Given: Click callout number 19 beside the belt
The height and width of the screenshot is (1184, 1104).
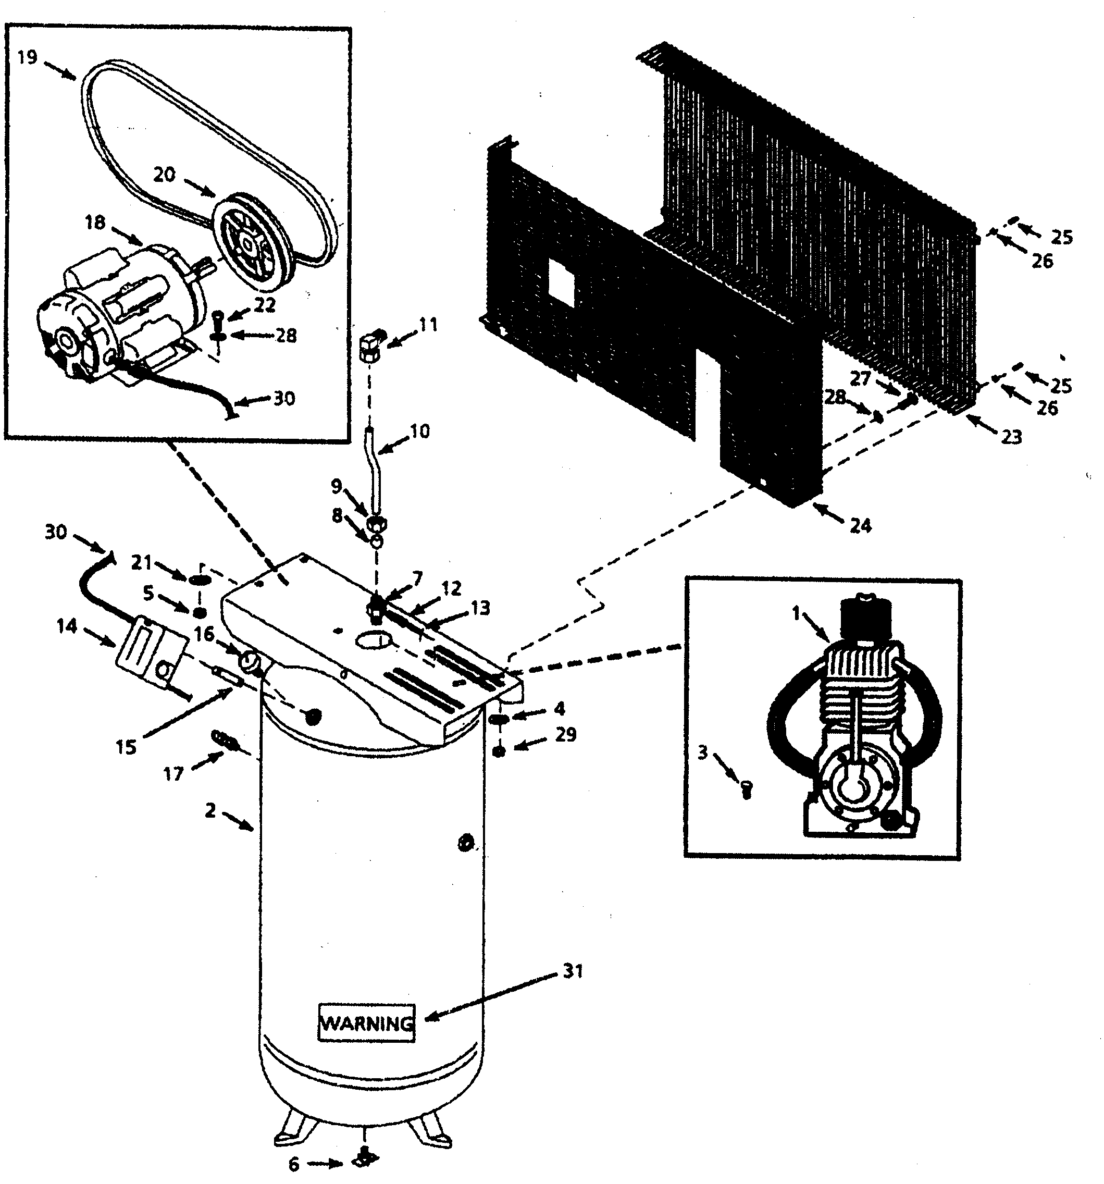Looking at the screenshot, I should click(28, 58).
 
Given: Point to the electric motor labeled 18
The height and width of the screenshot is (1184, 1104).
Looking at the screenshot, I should click(119, 310).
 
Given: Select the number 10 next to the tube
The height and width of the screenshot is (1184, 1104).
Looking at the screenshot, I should click(420, 431).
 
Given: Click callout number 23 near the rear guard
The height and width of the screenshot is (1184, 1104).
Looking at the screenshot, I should click(1011, 437).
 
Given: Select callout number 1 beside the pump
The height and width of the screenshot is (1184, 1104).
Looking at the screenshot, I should click(796, 613).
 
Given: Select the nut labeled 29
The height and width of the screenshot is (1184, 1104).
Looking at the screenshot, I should click(500, 751).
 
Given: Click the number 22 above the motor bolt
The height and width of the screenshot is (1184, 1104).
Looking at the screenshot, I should click(265, 304).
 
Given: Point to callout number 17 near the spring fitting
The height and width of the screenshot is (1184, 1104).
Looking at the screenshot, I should click(173, 774).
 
